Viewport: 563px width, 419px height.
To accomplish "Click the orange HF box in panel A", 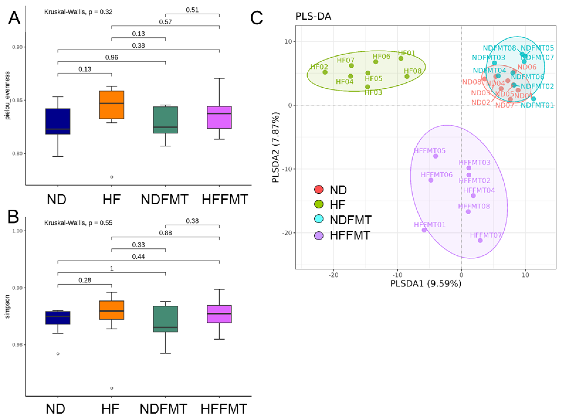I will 111,104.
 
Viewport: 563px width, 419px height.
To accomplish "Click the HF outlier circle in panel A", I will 111,177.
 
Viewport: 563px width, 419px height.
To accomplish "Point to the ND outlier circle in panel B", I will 58,354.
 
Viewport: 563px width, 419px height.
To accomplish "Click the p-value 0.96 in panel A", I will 111,57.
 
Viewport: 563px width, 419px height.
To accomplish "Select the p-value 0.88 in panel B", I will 165,233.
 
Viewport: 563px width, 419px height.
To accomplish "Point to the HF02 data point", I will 325,72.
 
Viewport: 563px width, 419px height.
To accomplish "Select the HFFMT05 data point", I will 435,156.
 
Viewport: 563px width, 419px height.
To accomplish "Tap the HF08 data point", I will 407,76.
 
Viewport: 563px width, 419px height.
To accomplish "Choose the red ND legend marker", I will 319,189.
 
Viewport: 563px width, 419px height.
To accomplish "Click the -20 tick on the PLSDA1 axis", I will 333,275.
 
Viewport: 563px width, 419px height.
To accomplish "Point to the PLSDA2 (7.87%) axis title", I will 276,147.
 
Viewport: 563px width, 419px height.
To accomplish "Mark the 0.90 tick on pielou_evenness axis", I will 17,47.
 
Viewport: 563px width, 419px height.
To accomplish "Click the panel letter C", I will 256,18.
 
